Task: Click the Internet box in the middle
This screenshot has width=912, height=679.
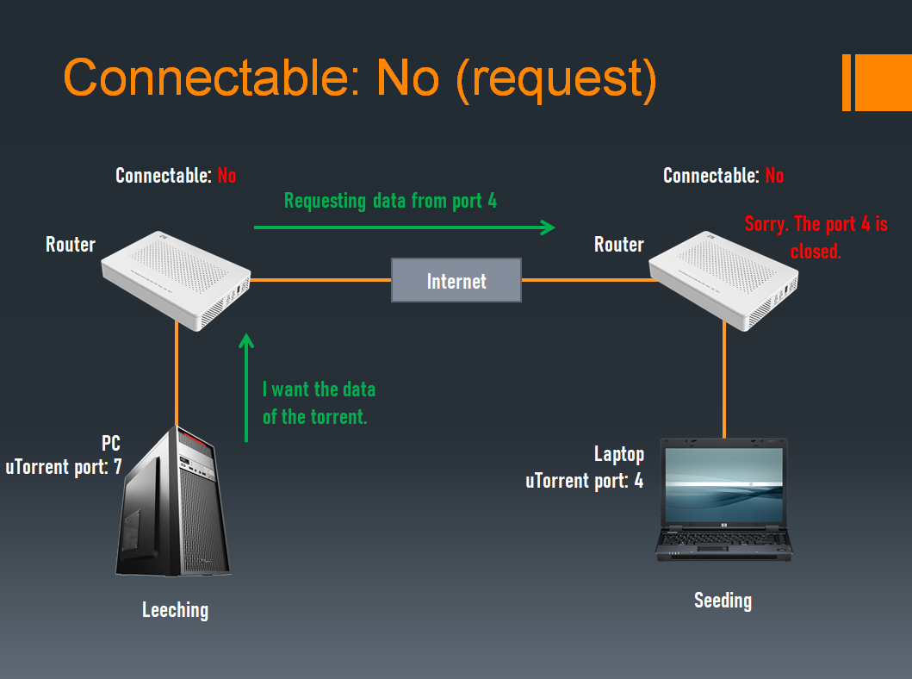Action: [x=456, y=280]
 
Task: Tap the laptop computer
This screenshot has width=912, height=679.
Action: [x=723, y=500]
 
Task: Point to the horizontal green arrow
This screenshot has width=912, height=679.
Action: [x=405, y=227]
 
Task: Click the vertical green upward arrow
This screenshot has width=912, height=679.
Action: [x=247, y=388]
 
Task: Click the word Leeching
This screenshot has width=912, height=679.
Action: [x=175, y=610]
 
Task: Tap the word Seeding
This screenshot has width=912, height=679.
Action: [x=723, y=600]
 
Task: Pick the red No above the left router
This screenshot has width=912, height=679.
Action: [x=226, y=176]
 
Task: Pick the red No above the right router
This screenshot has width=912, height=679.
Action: [x=774, y=176]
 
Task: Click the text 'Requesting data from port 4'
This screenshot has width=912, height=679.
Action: [x=390, y=202]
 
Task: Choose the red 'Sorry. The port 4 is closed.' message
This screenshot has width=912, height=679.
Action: [x=816, y=238]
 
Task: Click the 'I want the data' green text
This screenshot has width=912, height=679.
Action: [x=319, y=389]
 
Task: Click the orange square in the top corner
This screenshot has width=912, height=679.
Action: [x=883, y=83]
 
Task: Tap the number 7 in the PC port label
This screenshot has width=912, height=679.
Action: [x=117, y=468]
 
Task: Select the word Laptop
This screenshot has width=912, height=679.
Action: [x=618, y=454]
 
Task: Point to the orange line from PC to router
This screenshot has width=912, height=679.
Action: [x=177, y=371]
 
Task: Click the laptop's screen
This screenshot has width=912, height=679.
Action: [x=723, y=483]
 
